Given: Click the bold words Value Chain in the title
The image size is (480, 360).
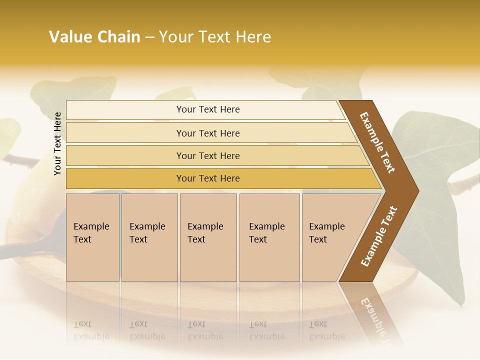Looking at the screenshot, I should tap(94, 37).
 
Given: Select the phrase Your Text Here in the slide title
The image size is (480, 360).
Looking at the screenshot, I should tap(215, 37).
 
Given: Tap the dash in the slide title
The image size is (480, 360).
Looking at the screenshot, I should tap(149, 37).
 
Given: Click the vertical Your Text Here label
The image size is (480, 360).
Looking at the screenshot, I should tap(58, 143).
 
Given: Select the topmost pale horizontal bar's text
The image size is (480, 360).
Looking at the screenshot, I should tap(208, 109).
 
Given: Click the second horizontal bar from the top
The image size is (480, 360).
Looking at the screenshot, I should tap(208, 133).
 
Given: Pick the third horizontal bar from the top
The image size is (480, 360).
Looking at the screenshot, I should tap(208, 155).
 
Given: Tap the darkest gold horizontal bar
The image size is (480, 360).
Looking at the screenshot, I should tap(208, 178).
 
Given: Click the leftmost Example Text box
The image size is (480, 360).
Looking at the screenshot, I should tap(92, 237).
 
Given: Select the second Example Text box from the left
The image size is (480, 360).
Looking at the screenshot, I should tap(149, 237).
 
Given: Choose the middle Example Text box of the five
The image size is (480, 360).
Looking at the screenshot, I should tap(208, 237).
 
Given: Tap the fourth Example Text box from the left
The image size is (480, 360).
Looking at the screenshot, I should tap(269, 237).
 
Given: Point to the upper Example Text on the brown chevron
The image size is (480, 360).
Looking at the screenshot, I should tap(377, 142).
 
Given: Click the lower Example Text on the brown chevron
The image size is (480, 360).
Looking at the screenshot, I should tap(379, 236).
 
